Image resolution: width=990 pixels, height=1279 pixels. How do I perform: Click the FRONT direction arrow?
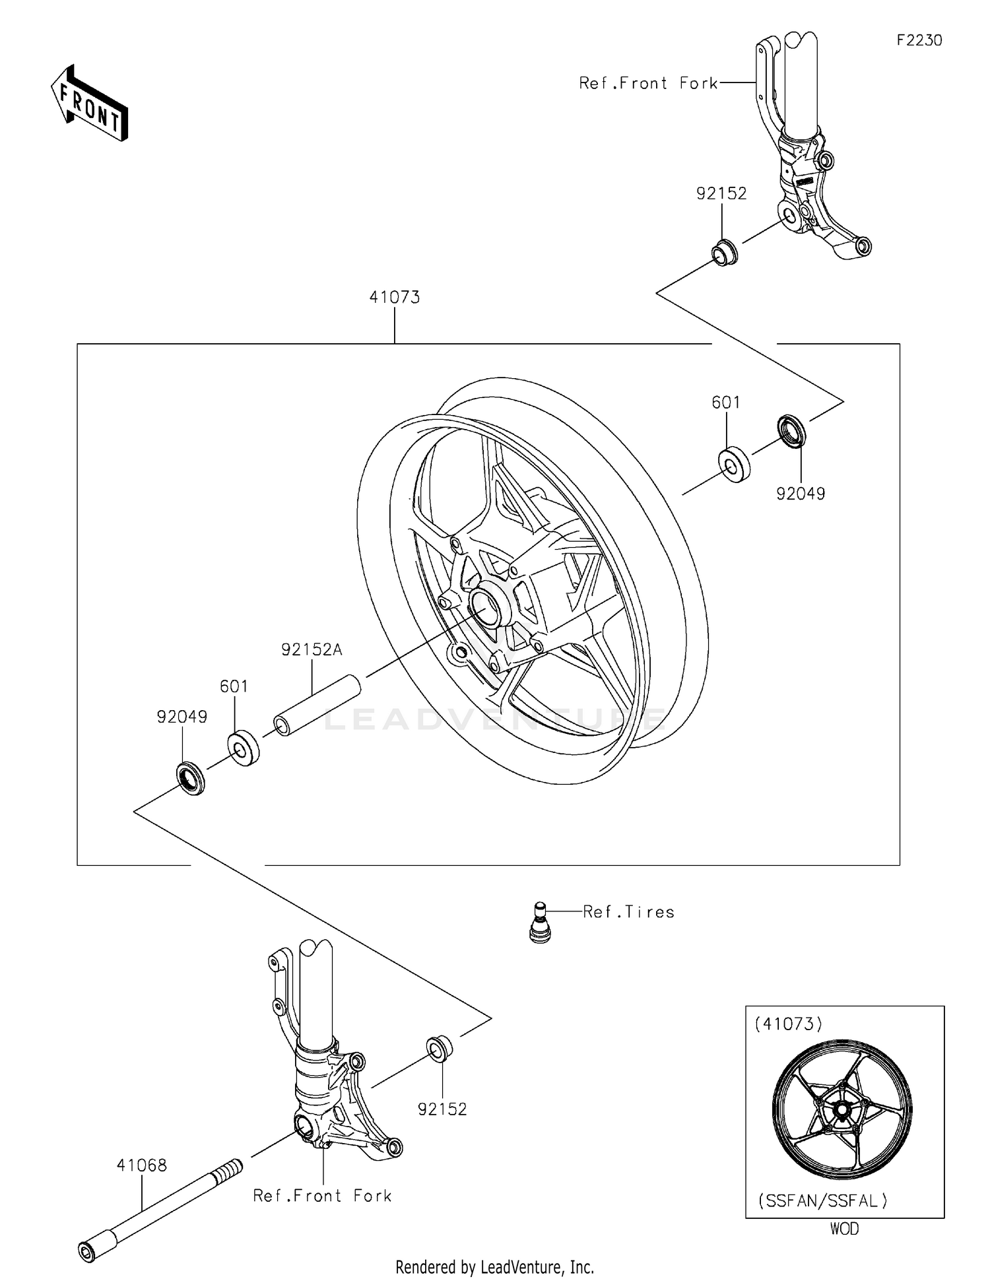(89, 104)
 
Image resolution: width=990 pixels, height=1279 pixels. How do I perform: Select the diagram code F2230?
(919, 40)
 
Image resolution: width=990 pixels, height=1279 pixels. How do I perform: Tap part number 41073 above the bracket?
(394, 297)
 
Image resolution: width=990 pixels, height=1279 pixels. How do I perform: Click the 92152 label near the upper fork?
(721, 193)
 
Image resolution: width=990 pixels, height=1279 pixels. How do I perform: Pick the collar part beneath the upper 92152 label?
(723, 253)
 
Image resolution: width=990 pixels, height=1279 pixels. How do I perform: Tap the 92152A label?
(312, 649)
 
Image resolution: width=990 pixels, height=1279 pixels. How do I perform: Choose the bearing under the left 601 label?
(243, 748)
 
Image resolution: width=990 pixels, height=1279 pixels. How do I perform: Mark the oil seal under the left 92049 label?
(190, 778)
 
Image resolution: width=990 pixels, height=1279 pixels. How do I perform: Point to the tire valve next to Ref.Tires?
(540, 922)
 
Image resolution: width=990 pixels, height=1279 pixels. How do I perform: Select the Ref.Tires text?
(628, 912)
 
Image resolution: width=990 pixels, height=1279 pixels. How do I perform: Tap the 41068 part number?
(141, 1165)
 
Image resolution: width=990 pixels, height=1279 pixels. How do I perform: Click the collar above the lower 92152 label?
(440, 1049)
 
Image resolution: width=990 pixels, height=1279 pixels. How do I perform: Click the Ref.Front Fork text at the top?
(648, 83)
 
